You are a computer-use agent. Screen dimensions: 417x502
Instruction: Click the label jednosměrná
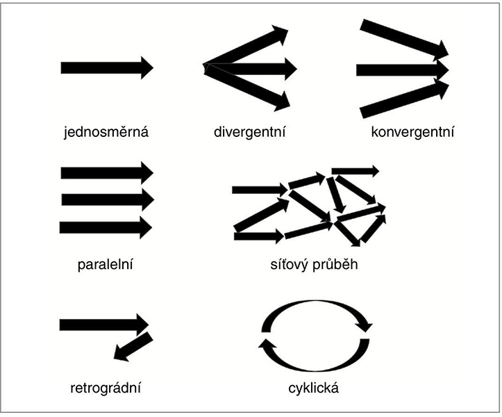point(106,131)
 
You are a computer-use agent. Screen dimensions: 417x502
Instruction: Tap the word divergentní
point(250,131)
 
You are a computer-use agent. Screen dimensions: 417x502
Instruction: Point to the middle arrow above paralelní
point(106,199)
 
